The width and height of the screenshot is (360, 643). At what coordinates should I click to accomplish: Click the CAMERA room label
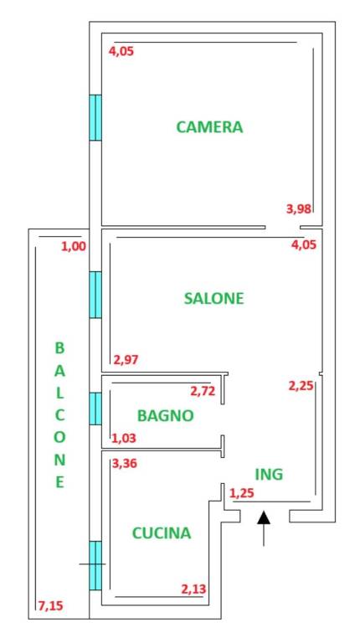coord(209,127)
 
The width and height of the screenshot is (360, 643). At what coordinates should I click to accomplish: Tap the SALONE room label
coord(213,298)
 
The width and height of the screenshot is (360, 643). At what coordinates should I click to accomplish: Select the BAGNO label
coord(166,415)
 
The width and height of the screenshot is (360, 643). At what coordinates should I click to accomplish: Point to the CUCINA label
coord(161,532)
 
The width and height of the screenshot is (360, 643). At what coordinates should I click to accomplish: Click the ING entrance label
coord(269,474)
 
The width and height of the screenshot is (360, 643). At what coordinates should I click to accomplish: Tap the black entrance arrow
coord(264,527)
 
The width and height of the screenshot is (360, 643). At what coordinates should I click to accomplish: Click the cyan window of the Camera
coord(95,117)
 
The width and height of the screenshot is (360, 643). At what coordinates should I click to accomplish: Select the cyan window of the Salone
coord(95,294)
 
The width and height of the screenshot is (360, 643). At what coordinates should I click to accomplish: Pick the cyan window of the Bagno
coord(95,409)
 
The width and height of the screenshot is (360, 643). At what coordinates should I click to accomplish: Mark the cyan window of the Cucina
coord(95,565)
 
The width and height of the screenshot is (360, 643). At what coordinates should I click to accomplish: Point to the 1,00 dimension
coord(73,246)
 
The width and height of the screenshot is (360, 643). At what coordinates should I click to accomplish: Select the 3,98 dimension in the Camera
coord(299,209)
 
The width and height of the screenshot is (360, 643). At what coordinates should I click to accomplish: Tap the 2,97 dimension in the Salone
coord(126,360)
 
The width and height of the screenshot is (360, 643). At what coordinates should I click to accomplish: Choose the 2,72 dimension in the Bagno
coord(203,391)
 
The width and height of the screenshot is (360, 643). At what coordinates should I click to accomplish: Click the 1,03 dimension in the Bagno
coord(123,438)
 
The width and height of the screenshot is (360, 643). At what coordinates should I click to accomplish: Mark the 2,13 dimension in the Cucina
coord(194,589)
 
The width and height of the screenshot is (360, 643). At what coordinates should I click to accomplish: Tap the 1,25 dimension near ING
coord(241,492)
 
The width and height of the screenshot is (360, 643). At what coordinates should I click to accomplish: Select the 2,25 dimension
coord(301,386)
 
